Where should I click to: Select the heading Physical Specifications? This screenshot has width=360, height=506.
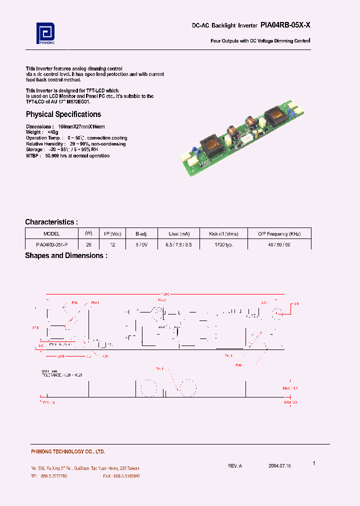click(x=63, y=114)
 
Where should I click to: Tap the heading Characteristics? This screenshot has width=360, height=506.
click(x=51, y=222)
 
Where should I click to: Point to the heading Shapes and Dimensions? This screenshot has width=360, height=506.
click(x=66, y=255)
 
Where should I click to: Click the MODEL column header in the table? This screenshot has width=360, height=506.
click(x=51, y=233)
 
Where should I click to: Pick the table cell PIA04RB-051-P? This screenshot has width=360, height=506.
click(x=51, y=244)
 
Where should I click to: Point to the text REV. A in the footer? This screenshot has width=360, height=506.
click(x=235, y=465)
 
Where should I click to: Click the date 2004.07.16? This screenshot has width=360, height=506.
click(x=279, y=465)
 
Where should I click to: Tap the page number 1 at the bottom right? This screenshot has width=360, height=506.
click(x=314, y=463)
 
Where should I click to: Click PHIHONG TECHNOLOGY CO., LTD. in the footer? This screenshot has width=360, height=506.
click(x=68, y=451)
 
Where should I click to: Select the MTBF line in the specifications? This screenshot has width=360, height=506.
click(x=67, y=156)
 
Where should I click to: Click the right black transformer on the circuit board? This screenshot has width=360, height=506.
click(x=274, y=118)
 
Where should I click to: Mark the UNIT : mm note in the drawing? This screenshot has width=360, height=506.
click(x=50, y=371)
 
